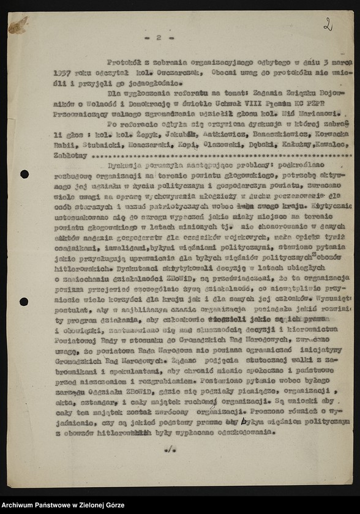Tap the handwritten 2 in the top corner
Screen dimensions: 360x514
(x=328, y=24)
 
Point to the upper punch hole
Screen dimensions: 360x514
(x=24, y=174)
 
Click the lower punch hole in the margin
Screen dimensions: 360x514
(x=24, y=302)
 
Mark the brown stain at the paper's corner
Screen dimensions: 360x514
(x=18, y=25)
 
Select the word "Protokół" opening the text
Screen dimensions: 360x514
(x=123, y=62)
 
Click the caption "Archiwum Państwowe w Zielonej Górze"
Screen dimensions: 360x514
(x=64, y=505)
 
